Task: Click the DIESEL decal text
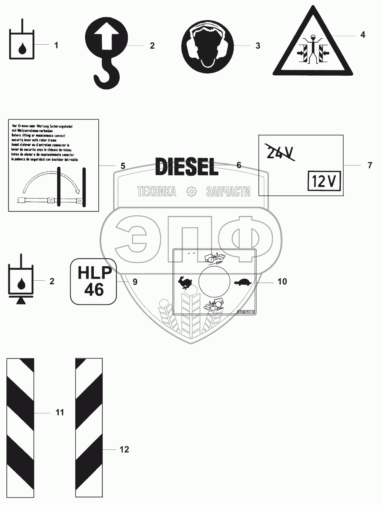pos(187,166)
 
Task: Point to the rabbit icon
pos(186,282)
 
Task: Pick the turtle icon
pos(243,282)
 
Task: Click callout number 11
pos(60,412)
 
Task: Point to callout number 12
pos(125,449)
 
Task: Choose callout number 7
pos(370,165)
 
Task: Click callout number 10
pos(282,281)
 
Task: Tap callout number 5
pos(122,166)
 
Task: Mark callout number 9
pos(135,281)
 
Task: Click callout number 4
pos(363,35)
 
